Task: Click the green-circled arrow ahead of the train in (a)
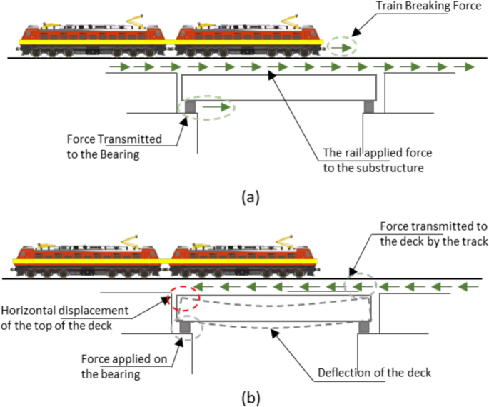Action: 343,48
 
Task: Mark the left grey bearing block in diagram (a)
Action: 191,106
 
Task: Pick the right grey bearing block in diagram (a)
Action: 368,106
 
